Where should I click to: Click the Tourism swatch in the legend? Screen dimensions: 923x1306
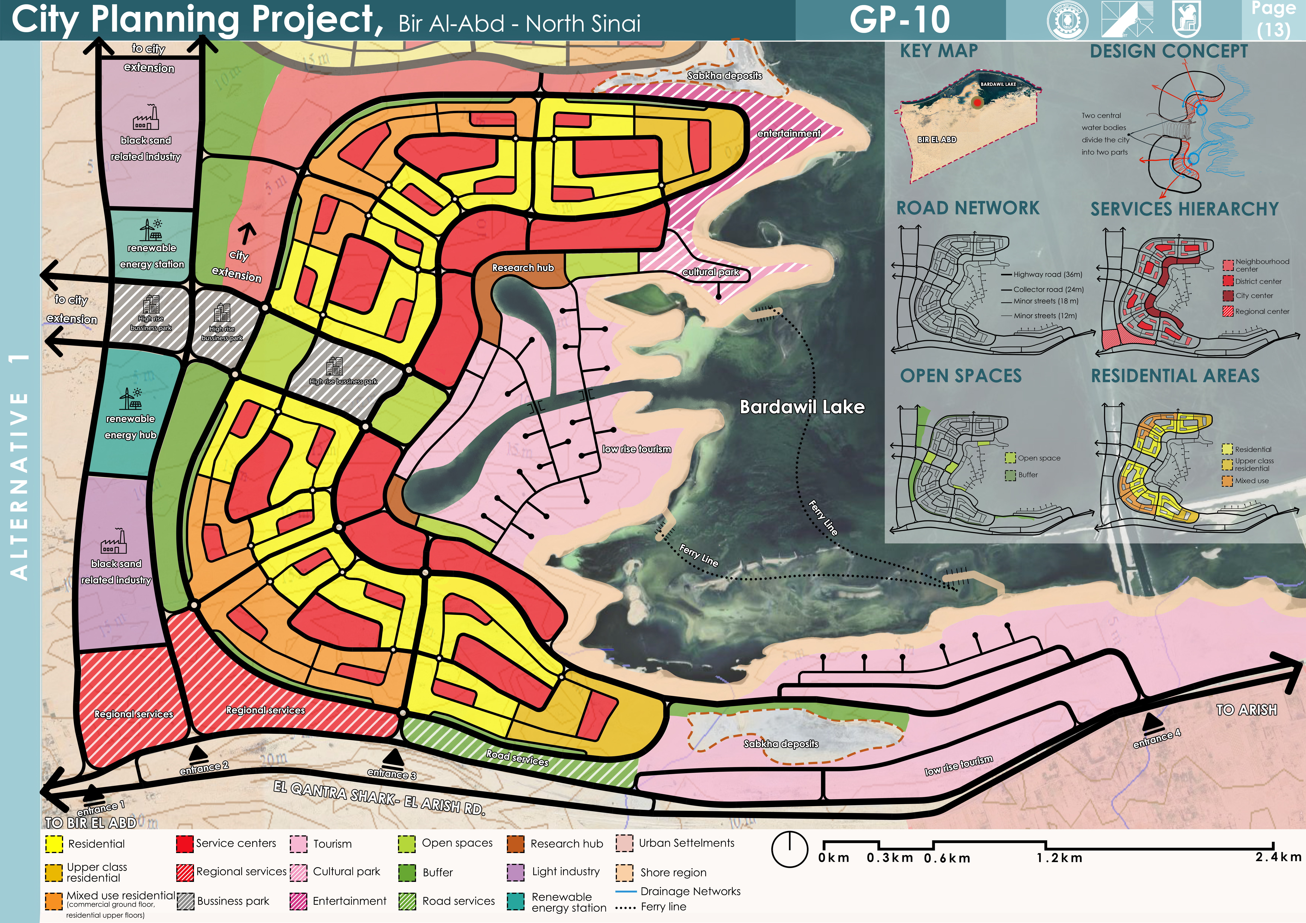(299, 844)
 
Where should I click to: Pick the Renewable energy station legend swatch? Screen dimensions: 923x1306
(515, 901)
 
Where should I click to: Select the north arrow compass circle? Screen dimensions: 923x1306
(789, 850)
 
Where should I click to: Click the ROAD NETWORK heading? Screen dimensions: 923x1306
(968, 208)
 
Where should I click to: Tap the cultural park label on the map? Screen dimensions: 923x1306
(711, 272)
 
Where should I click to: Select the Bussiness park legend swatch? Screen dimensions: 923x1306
(185, 901)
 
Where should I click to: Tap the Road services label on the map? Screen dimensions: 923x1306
(517, 758)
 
